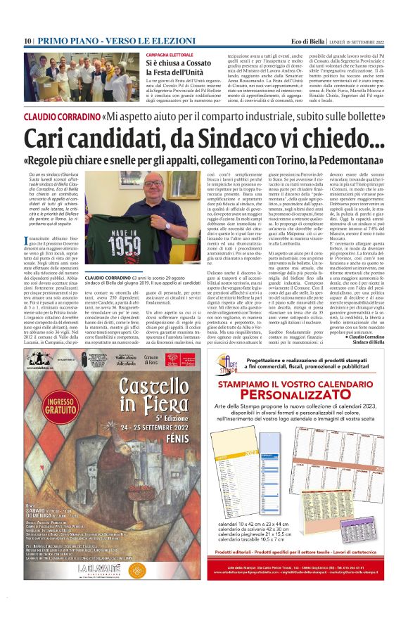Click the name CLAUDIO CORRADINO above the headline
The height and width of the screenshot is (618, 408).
(51, 114)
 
